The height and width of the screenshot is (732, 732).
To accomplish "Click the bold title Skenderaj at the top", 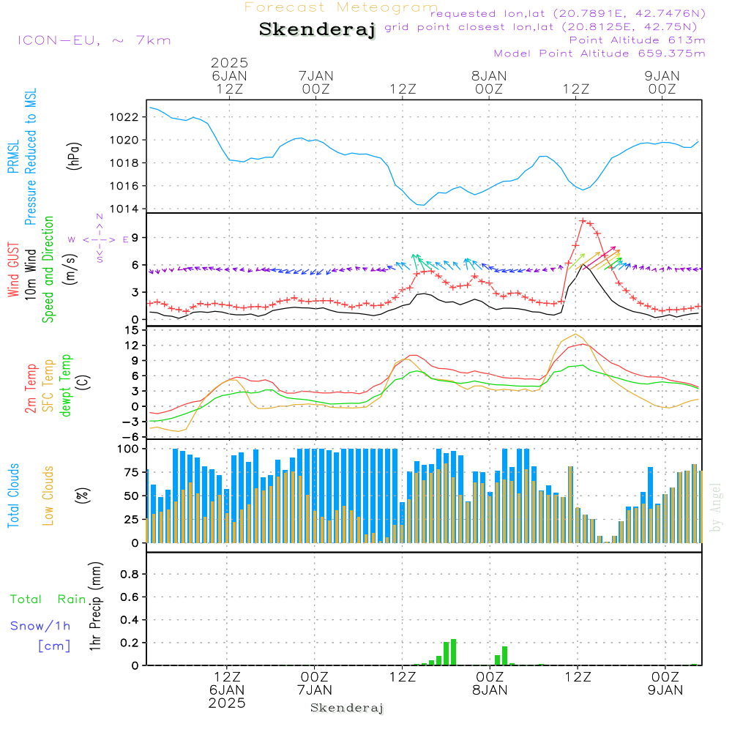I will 317,30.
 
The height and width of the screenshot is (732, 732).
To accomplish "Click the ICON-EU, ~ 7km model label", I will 94,40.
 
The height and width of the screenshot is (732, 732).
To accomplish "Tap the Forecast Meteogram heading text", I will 341,7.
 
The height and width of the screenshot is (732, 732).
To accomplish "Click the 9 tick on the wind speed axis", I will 135,237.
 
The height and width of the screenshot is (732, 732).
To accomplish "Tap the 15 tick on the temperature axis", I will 132,330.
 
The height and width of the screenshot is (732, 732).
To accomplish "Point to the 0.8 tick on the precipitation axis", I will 130,575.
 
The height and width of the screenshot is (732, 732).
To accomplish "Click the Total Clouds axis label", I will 14,496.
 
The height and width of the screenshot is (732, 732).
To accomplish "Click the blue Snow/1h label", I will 40,626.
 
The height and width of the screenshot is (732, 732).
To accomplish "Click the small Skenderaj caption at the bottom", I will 347,708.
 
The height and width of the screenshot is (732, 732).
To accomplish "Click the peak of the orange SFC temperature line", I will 576,335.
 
